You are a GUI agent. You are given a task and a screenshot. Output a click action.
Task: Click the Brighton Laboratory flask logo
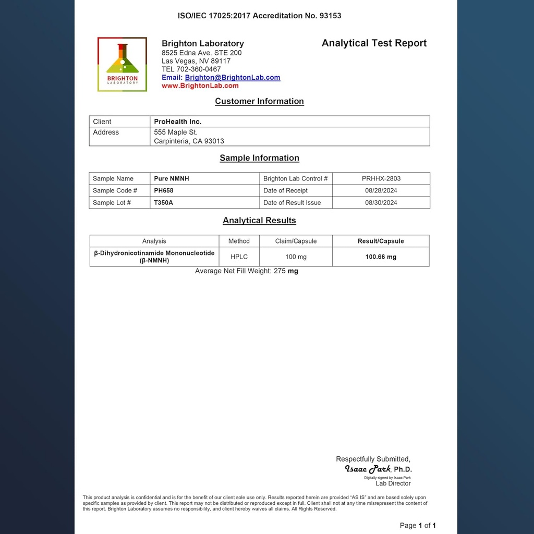(122, 64)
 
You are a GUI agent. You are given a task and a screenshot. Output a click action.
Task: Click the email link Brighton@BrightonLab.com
(232, 78)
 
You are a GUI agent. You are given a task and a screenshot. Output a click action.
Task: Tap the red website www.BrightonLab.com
(200, 86)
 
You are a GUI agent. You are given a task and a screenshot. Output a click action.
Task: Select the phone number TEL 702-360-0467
(191, 69)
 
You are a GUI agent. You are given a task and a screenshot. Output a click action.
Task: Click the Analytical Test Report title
(374, 43)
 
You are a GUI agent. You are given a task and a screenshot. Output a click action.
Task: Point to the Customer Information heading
(259, 102)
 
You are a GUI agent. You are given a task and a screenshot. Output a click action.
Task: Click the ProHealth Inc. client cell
(178, 122)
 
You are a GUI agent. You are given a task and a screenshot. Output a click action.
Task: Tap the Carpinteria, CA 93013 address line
(189, 141)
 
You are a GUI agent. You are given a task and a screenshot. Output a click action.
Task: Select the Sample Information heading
(259, 158)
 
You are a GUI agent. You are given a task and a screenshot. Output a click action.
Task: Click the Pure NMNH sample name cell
(172, 179)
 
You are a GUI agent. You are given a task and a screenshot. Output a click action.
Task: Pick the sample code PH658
(164, 191)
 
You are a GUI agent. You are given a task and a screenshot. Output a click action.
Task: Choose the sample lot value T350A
(164, 203)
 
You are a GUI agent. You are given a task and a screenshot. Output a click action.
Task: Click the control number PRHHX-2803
(381, 179)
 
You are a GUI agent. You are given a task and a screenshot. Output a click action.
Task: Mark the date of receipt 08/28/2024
(381, 191)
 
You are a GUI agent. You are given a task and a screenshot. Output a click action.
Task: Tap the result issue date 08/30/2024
(381, 203)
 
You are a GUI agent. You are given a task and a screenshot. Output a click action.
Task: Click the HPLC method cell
(239, 257)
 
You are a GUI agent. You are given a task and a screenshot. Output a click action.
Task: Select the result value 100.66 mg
(381, 257)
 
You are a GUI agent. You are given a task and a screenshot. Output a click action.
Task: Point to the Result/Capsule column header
(381, 241)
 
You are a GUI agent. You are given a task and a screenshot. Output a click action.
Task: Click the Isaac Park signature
(367, 469)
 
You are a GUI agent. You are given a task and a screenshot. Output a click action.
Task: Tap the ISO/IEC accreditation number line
(259, 16)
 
